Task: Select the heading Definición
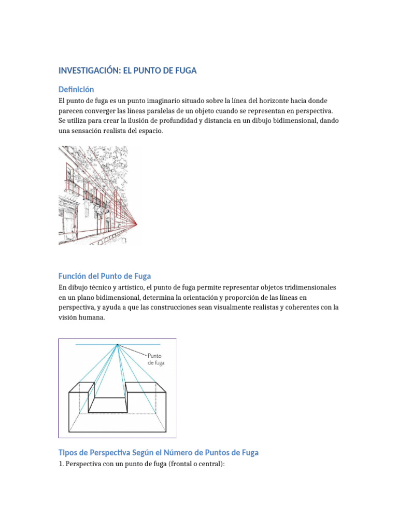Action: (76, 89)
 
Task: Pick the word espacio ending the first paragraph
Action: (149, 131)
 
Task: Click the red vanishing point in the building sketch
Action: (137, 224)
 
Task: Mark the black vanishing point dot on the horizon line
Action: (118, 344)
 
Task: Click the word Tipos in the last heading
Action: (68, 452)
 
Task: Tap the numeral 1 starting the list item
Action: (60, 464)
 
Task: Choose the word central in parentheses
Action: (209, 464)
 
